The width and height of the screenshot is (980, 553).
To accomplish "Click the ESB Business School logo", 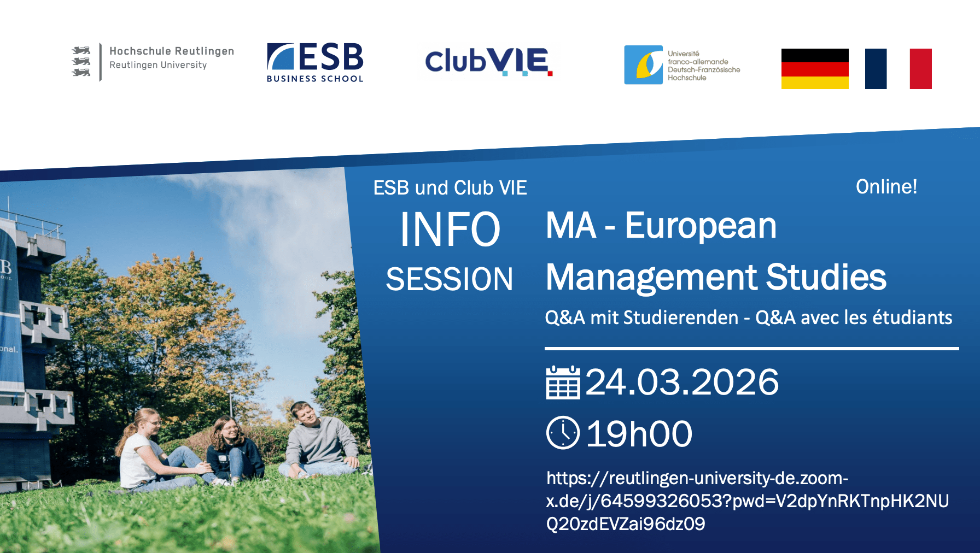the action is pyautogui.click(x=315, y=62).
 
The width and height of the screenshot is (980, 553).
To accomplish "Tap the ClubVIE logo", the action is pyautogui.click(x=489, y=61).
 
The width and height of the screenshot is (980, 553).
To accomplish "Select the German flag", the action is pyautogui.click(x=815, y=69).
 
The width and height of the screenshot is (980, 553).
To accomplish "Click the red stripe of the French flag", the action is pyautogui.click(x=920, y=69).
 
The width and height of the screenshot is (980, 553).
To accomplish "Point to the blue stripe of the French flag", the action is pyautogui.click(x=876, y=69).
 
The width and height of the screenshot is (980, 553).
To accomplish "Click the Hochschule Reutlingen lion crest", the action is pyautogui.click(x=81, y=62).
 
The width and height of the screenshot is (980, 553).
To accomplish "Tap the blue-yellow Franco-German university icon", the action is pyautogui.click(x=643, y=65).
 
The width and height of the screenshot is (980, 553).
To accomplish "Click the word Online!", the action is pyautogui.click(x=886, y=187).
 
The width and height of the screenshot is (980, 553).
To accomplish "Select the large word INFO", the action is pyautogui.click(x=450, y=230).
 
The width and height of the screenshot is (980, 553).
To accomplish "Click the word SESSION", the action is pyautogui.click(x=450, y=279).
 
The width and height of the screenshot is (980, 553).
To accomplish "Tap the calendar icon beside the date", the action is pyautogui.click(x=563, y=383).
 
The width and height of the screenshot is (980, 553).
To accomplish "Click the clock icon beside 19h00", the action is pyautogui.click(x=563, y=433).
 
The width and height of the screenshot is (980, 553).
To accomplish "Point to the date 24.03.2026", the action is pyautogui.click(x=682, y=382).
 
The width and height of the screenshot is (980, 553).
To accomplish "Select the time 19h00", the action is pyautogui.click(x=639, y=434).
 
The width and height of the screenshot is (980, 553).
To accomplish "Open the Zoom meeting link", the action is pyautogui.click(x=748, y=501).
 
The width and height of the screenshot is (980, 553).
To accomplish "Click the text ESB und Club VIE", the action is pyautogui.click(x=450, y=188).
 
